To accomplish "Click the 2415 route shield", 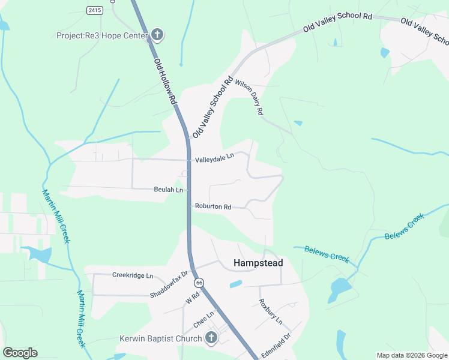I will coord(94,10).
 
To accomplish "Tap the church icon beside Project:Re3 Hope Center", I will coord(157,35).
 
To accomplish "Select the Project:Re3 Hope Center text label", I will coord(101,35).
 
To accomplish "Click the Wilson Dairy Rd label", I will coord(249,97).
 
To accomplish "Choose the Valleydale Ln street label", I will coord(214,160).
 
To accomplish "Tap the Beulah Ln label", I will coord(168,190).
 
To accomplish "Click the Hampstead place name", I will coord(258,263).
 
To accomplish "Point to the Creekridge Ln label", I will coord(133,275).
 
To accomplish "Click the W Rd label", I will coord(192,298).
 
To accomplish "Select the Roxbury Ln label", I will coord(270,312).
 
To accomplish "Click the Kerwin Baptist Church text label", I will coord(159,338).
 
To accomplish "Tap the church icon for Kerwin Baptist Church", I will coord(211,338).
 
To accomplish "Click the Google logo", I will coord(20,352).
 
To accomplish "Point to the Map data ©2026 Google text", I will coord(411,355).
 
